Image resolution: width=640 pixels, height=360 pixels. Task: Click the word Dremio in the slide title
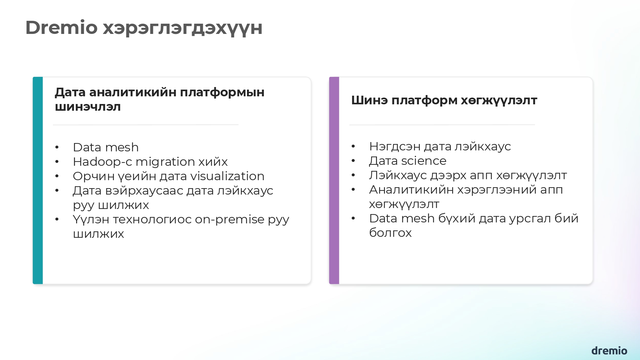point(61,28)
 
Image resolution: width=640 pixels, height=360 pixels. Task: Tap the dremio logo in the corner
point(609,351)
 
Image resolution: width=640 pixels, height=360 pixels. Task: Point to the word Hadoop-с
point(102,162)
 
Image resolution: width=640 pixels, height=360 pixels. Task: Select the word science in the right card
point(424,161)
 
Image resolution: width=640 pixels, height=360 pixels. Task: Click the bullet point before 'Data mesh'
point(57,148)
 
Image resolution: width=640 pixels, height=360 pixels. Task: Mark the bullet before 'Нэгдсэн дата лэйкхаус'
point(353,147)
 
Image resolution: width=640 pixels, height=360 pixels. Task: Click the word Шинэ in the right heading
point(369,100)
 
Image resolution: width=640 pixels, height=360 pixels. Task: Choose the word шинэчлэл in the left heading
point(88,107)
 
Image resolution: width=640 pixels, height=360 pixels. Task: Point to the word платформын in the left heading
point(222,92)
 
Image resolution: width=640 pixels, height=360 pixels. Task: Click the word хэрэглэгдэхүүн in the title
point(182,28)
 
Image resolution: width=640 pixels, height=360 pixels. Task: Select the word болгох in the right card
point(390,233)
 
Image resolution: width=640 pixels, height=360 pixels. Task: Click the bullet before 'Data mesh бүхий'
point(353,219)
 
